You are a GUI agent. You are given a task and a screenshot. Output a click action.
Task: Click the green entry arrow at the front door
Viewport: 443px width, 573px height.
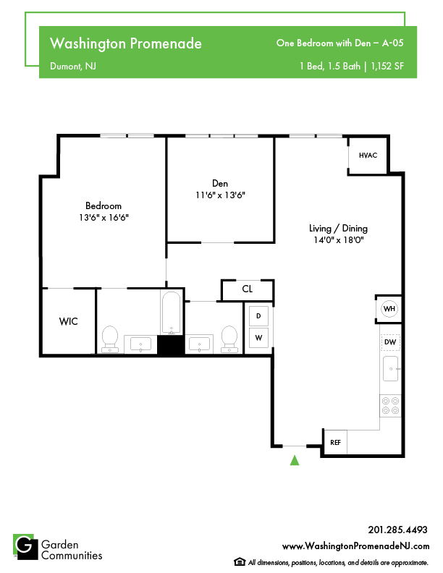pos(295,460)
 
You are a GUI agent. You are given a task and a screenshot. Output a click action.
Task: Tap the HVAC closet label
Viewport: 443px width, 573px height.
pos(368,156)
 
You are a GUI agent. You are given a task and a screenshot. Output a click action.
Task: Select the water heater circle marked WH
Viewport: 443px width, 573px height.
pos(389,309)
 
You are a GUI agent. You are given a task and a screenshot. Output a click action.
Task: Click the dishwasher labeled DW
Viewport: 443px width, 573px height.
pos(390,342)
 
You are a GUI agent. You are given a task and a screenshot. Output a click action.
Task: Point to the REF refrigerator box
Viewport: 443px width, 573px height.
pos(336,442)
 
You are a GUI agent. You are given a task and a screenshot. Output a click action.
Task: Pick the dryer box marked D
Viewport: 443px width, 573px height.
pos(258,315)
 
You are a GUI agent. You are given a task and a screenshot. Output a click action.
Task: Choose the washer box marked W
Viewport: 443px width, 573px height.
pos(258,338)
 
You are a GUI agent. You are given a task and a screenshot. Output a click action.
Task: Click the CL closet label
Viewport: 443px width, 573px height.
pos(247,289)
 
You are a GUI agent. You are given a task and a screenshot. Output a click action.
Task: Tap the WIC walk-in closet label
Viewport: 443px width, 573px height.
pos(68,321)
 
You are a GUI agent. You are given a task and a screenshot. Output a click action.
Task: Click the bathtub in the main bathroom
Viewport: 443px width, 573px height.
pos(172,313)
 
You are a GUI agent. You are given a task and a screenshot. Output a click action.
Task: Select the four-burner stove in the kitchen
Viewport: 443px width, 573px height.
pos(390,406)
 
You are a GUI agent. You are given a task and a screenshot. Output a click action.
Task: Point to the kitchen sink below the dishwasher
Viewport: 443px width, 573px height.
pos(390,369)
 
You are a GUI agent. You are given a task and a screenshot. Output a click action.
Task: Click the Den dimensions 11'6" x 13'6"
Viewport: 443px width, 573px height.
pos(220,195)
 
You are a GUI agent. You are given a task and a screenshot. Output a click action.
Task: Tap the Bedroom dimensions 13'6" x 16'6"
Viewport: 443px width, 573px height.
pos(104,218)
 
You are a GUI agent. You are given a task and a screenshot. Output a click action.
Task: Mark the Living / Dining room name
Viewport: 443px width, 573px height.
pos(338,229)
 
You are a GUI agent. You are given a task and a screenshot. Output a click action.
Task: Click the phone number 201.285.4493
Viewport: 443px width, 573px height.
pos(397,530)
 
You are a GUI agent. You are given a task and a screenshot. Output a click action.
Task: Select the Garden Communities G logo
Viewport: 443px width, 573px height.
pos(25,547)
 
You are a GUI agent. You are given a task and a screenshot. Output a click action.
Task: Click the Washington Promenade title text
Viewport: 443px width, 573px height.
pos(126,43)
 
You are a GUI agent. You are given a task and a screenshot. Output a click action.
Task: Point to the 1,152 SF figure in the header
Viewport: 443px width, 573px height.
pos(387,66)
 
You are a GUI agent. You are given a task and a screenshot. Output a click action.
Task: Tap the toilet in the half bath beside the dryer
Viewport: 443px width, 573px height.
pos(229,339)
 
